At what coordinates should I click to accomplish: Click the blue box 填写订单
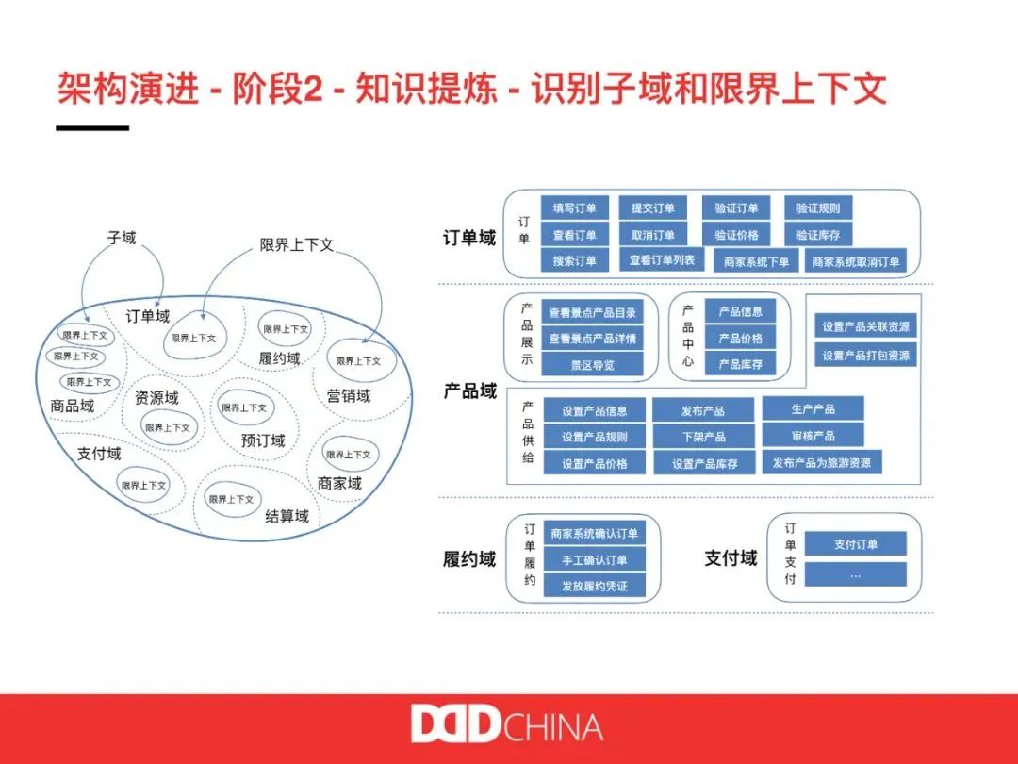[574, 208]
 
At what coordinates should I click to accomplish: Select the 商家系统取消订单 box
[856, 261]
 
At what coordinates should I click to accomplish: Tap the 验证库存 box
[817, 235]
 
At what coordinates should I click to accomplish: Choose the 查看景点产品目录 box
[592, 313]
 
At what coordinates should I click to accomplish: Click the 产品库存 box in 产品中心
[740, 364]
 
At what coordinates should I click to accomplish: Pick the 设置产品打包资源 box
[865, 356]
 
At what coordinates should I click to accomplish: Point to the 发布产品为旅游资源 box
[822, 462]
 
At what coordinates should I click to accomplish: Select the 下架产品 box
[703, 437]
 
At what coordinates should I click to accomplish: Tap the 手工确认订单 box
[594, 559]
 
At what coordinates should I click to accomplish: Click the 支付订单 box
[855, 544]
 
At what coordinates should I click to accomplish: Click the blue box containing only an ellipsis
[855, 573]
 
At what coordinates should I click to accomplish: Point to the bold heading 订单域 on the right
[469, 238]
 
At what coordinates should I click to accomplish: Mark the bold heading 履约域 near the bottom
[469, 559]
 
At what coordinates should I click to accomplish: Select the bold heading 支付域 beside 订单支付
[731, 558]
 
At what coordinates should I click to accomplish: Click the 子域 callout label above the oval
[122, 238]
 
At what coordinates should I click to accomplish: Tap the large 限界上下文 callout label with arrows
[297, 244]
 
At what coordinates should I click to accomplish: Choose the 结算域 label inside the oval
[287, 516]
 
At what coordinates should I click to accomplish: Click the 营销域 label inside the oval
[349, 396]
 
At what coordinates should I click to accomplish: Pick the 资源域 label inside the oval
[156, 398]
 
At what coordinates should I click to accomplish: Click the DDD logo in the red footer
[454, 724]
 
